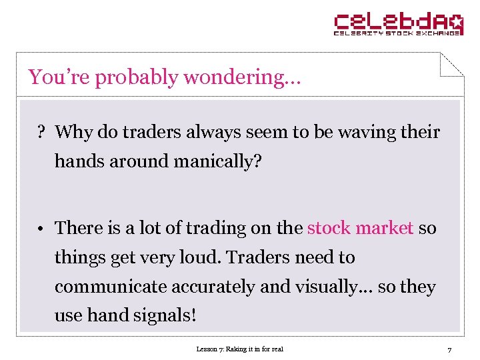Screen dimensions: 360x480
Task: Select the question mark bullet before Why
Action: tap(41, 132)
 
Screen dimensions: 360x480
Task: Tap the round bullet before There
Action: tap(41, 229)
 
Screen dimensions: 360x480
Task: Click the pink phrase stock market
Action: tap(360, 228)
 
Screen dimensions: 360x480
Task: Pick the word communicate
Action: tap(111, 287)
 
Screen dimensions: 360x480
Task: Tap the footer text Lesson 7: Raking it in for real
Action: tap(239, 349)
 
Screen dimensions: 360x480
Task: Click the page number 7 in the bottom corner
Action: tap(449, 349)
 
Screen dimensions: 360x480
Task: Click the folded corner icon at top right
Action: tap(451, 64)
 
